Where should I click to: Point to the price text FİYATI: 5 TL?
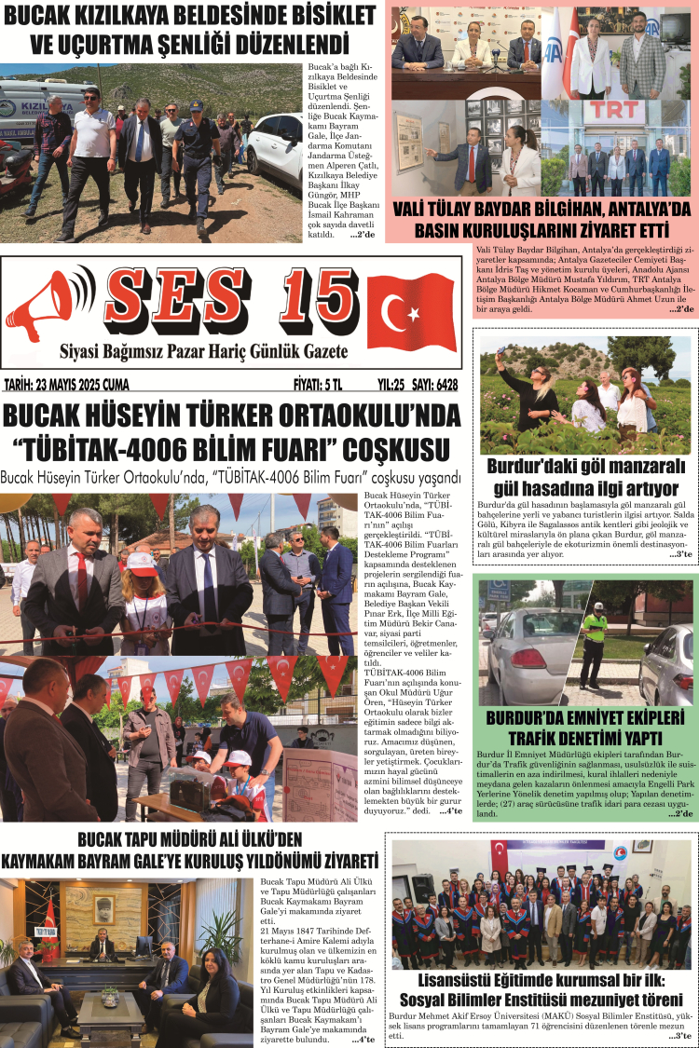pos(318,384)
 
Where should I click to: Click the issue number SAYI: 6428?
pos(434,384)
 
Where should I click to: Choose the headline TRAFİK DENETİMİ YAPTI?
pos(584,739)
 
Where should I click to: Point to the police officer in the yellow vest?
pos(594,638)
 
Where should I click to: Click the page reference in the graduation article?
pos(681,1036)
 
